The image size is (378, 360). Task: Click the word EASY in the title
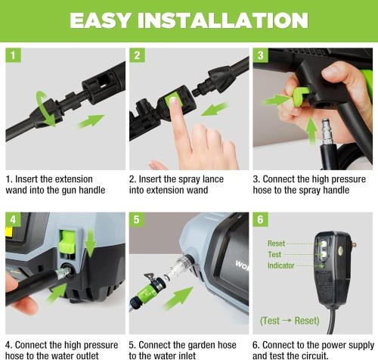pos(101,20)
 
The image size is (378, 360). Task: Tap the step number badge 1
pos(13,55)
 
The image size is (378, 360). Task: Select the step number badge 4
pos(13,219)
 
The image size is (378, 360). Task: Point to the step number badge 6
pos(260,219)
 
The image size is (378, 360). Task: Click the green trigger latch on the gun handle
pos(301,95)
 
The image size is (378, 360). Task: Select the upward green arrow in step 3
pos(311,130)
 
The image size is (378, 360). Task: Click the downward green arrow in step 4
pos(90,243)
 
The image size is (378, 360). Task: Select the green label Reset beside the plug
pos(276,244)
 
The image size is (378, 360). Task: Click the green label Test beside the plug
pos(274,254)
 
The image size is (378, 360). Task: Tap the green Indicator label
pos(281,265)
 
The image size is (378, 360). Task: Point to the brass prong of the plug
pos(354,244)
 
